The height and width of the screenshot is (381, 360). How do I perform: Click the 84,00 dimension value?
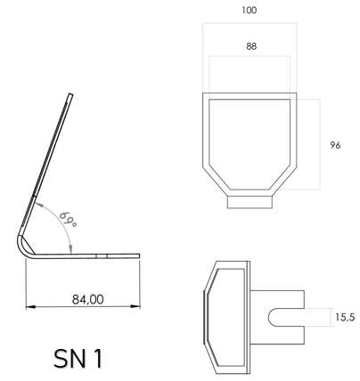[88, 299]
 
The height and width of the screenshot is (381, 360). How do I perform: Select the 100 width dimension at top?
[250, 10]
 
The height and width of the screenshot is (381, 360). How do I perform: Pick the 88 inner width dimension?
[250, 46]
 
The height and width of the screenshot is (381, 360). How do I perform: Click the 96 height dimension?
[336, 145]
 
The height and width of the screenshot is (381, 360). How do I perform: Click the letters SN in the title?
[70, 358]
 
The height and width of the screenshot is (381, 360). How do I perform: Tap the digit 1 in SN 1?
[96, 358]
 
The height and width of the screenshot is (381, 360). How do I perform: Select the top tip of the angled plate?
[72, 93]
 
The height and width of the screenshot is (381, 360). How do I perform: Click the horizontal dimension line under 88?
[250, 58]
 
